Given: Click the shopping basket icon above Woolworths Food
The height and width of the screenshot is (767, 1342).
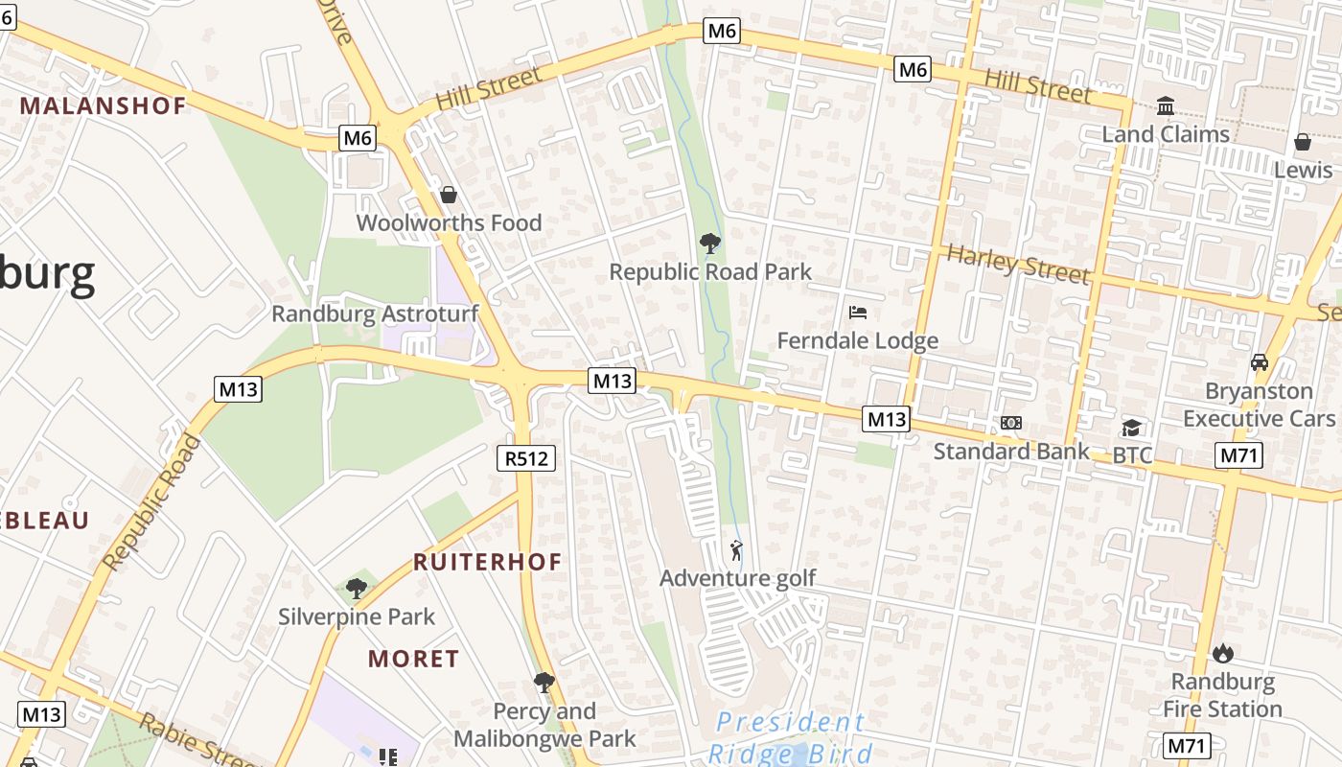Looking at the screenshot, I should coord(448,196).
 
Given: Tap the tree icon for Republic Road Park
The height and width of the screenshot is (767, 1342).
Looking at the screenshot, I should coord(709,244).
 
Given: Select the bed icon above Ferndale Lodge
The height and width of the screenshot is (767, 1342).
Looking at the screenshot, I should coord(858,313).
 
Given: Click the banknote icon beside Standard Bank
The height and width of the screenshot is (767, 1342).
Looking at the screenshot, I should coord(1010,423).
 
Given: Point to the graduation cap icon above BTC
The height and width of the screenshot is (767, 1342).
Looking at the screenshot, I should coord(1131,428).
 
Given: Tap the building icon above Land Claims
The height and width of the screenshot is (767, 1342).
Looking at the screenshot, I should coord(1166,105).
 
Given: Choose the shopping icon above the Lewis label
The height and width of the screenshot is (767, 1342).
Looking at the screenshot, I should coord(1302,143).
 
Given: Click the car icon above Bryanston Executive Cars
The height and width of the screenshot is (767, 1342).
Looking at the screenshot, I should coord(1259,362).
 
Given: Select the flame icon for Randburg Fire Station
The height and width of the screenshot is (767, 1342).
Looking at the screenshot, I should coord(1222,654).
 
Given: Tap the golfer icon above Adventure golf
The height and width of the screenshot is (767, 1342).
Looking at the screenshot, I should coord(735,550).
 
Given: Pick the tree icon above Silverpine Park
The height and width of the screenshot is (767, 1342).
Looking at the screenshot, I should coord(357,588).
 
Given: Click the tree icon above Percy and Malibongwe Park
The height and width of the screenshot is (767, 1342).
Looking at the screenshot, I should coord(544,683).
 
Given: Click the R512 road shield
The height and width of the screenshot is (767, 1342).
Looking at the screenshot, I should coord(527,458).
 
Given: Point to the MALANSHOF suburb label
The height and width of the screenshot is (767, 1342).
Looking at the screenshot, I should coord(103,105).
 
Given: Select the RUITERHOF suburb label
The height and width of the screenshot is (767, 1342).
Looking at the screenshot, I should coord(487,562).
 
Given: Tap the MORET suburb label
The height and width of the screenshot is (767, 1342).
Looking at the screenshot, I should coord(414,659).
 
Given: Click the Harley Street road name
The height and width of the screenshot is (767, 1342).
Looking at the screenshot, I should coord(1018,265).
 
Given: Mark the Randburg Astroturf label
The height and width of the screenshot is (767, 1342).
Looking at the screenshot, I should coord(375,314).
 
